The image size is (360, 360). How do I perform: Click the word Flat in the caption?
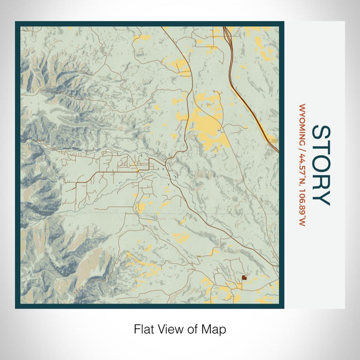[x=144, y=329]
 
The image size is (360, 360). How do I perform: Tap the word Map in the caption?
[x=216, y=329]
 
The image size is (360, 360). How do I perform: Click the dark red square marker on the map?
[x=244, y=277]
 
